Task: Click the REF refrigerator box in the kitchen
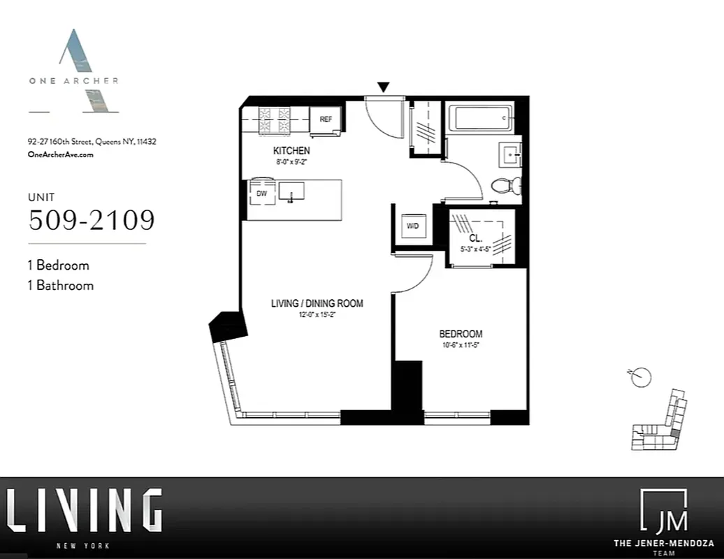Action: click(x=326, y=119)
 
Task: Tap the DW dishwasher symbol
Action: click(x=262, y=194)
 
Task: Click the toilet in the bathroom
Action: click(x=506, y=186)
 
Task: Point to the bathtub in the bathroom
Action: click(x=480, y=118)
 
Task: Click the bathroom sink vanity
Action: click(x=509, y=154)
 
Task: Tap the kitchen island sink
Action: click(x=291, y=190)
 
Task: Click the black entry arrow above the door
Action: click(x=383, y=87)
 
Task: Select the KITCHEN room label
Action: click(x=291, y=151)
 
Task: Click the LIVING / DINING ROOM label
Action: click(x=317, y=303)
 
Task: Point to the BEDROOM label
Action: click(x=461, y=334)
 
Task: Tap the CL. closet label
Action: click(x=475, y=238)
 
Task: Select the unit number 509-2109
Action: click(x=91, y=220)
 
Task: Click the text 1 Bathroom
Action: click(x=61, y=285)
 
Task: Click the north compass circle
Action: click(x=642, y=377)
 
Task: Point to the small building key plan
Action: click(x=660, y=421)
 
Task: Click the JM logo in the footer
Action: click(x=663, y=511)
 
